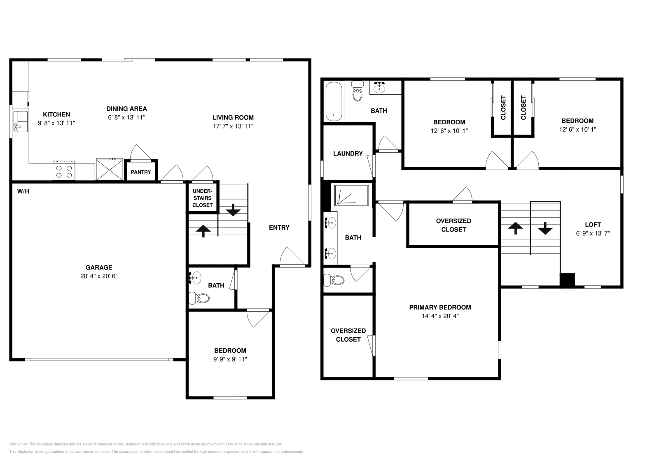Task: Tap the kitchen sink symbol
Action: point(20,121)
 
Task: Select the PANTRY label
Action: point(141,172)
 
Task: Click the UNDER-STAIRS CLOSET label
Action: point(203,198)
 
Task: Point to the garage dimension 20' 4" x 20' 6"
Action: point(99,276)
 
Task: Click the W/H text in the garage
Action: point(23,191)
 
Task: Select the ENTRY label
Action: point(279,227)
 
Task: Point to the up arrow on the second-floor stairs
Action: point(515,227)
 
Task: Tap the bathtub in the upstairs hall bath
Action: point(334,102)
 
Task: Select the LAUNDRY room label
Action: point(348,153)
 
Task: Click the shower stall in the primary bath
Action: point(352,195)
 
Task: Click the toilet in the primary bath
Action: point(334,280)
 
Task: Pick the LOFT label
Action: point(593,224)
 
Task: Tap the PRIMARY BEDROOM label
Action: point(439,307)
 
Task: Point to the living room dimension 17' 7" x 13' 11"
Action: point(233,126)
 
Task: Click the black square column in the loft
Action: point(567,280)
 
